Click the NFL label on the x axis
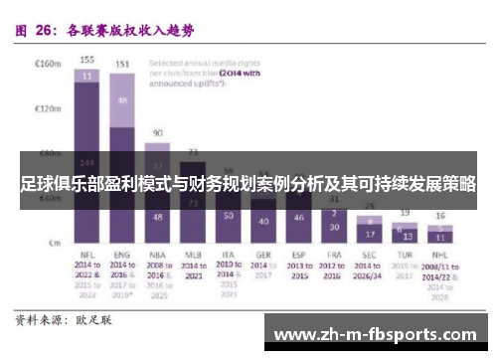(x=86, y=256)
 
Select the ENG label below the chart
(x=123, y=256)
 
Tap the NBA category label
(x=157, y=256)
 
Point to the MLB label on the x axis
(x=193, y=256)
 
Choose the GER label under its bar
(x=263, y=256)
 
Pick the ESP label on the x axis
(x=297, y=256)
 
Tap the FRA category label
(x=333, y=256)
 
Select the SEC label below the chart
(x=369, y=256)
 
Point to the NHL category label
(x=439, y=256)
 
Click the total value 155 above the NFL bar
(x=87, y=60)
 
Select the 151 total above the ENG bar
(x=122, y=65)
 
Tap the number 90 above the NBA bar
(x=157, y=132)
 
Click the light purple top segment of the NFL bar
(x=87, y=75)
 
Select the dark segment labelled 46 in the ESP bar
(x=298, y=218)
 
